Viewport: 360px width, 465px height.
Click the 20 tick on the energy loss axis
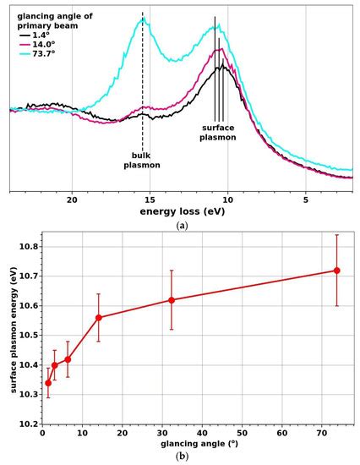click(x=72, y=200)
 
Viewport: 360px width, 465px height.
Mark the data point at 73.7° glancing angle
click(x=336, y=271)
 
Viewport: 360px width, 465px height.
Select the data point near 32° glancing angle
click(x=172, y=300)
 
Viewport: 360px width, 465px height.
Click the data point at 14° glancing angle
click(x=99, y=318)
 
